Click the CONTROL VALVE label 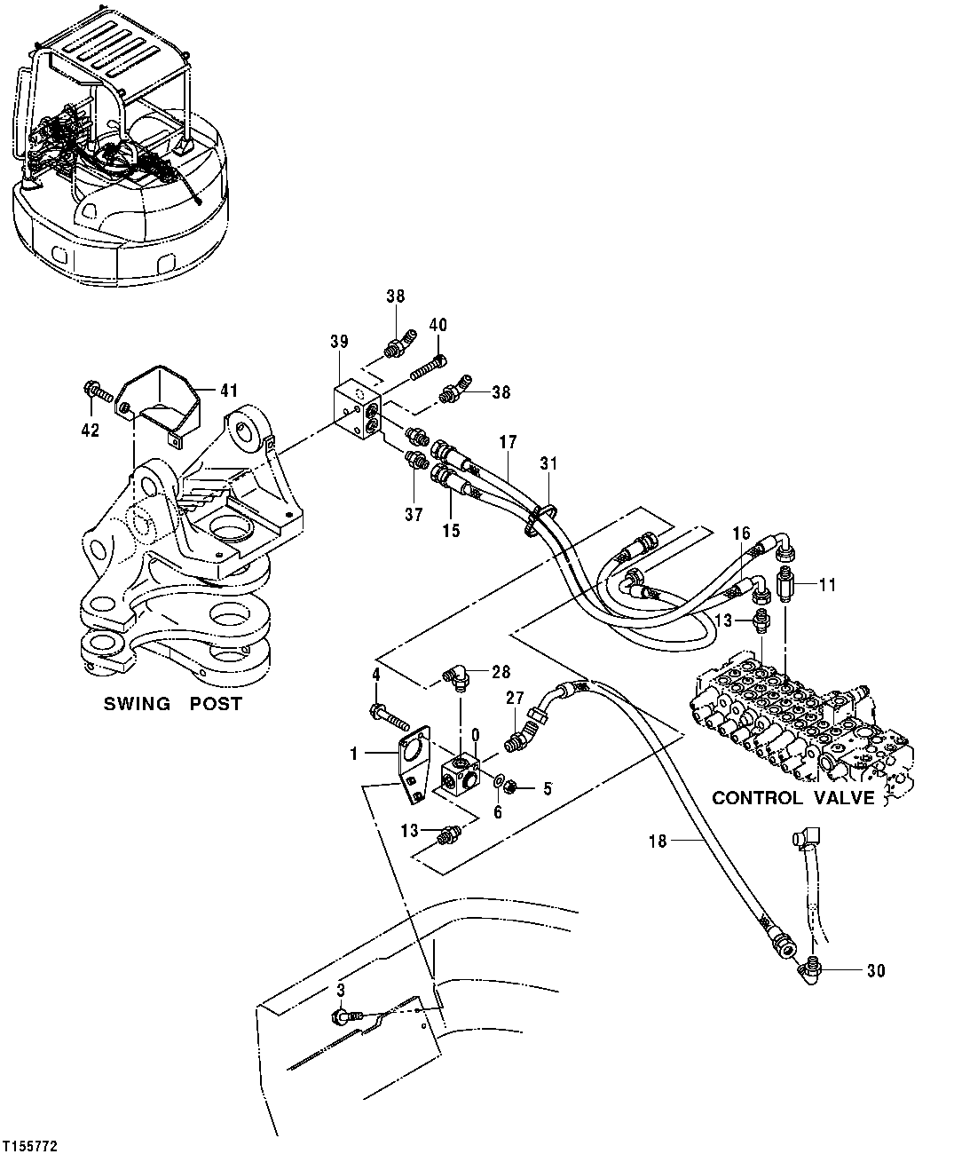[792, 798]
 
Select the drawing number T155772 [31, 1146]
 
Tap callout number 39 [338, 342]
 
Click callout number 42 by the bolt [91, 431]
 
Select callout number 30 [875, 971]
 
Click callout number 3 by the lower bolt [339, 988]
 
